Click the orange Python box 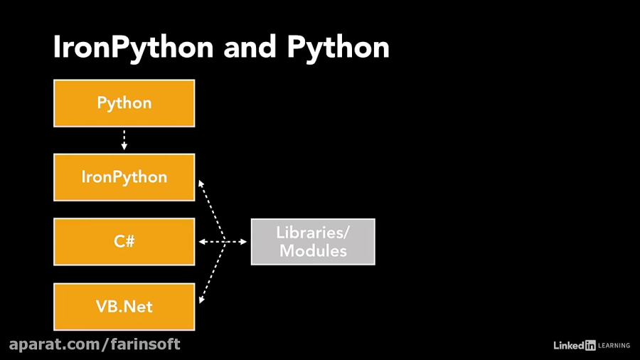point(124,103)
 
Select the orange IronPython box point(124,177)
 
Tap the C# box point(124,242)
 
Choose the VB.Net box point(124,307)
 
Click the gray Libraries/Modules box point(313,242)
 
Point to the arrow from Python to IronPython point(124,139)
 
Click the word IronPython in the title point(133,48)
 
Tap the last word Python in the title point(338,48)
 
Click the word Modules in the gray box point(313,251)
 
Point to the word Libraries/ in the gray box point(313,232)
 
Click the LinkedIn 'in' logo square point(590,345)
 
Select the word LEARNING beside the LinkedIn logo point(614,346)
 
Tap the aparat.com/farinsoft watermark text point(95,345)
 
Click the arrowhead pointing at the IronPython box point(201,184)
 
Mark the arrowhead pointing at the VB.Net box point(202,300)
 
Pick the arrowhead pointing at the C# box point(202,242)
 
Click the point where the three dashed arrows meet point(225,242)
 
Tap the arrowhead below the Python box point(124,147)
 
